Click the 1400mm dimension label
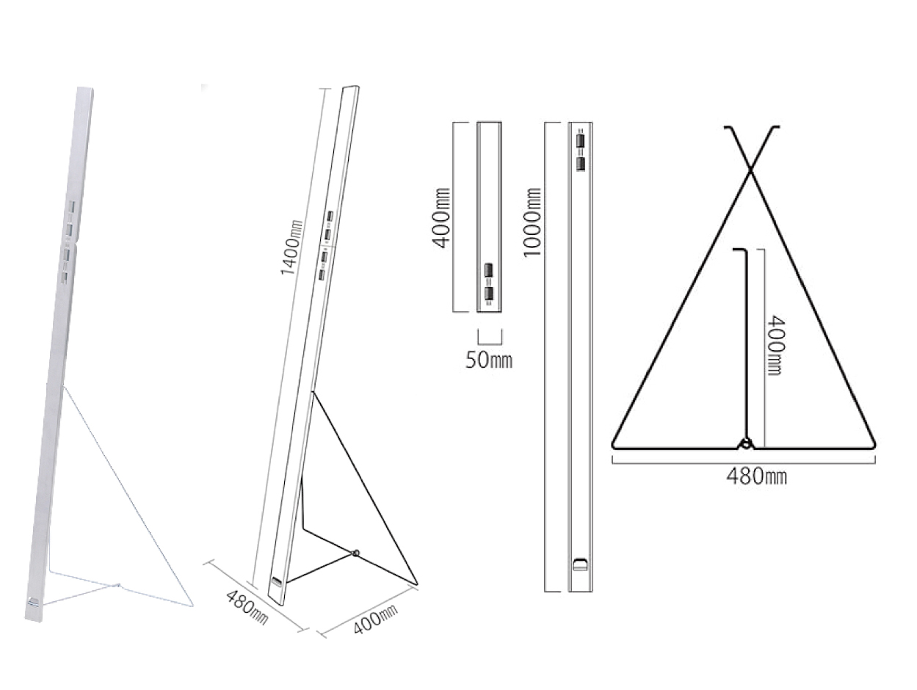click(x=291, y=247)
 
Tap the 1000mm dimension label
click(x=532, y=222)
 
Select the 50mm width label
click(x=489, y=360)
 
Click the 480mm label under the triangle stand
click(x=756, y=476)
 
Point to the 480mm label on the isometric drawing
click(x=247, y=607)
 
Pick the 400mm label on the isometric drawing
click(x=376, y=619)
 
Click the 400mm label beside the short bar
click(x=441, y=218)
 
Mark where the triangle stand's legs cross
click(x=751, y=170)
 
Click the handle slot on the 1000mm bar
click(x=580, y=564)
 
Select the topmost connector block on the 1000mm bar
click(x=580, y=140)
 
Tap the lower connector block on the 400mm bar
click(x=488, y=294)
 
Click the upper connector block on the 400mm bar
click(x=488, y=271)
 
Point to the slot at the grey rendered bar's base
click(x=33, y=602)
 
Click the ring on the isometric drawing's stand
click(x=355, y=553)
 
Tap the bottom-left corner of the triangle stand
click(x=613, y=446)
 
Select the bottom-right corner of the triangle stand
click(x=875, y=446)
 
